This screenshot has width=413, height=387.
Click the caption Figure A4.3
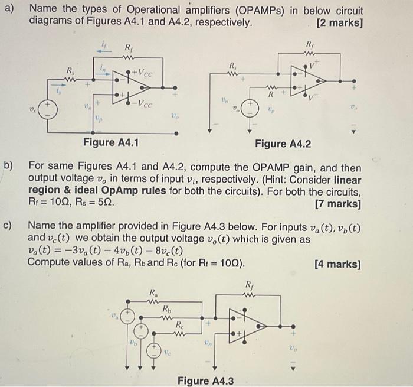(205, 381)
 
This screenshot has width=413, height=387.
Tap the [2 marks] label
(339, 24)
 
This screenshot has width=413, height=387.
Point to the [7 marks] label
(339, 204)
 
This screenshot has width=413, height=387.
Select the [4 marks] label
(338, 264)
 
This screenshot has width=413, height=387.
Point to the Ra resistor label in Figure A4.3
(153, 292)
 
